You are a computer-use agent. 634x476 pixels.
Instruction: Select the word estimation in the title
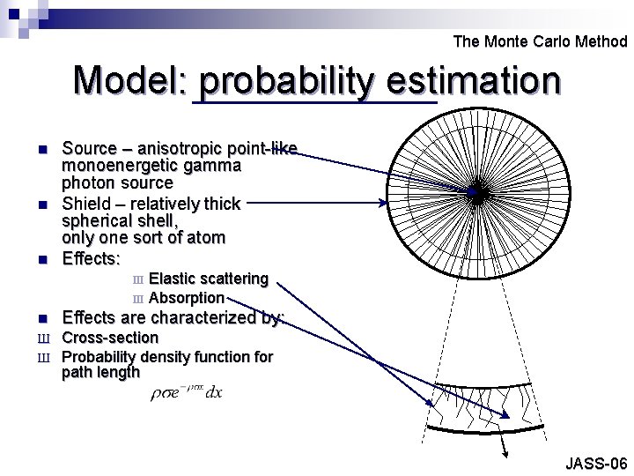476,81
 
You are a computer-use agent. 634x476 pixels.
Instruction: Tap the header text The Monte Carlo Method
540,41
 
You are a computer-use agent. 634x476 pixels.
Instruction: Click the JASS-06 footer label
596,464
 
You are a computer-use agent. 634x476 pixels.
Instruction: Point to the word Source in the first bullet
92,148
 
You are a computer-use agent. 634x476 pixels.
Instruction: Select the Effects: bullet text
91,259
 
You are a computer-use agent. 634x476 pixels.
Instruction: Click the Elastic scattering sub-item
209,279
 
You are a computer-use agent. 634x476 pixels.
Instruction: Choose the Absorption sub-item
187,298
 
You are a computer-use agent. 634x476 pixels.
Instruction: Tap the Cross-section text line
110,338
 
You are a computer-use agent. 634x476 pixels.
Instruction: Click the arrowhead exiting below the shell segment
507,455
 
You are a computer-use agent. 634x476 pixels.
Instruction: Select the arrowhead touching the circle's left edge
382,203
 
